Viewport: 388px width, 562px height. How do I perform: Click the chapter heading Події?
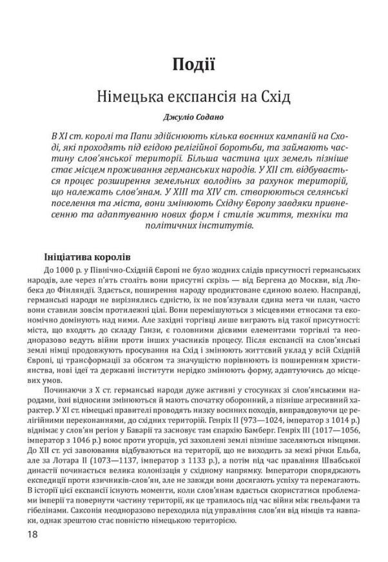tap(193, 64)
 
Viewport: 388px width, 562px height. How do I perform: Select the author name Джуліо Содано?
tap(193, 118)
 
